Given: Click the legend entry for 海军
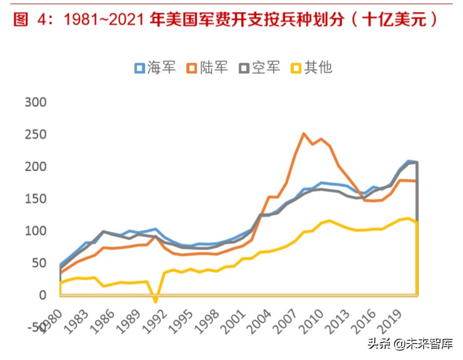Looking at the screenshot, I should pyautogui.click(x=155, y=68).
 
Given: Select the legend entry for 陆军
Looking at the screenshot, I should pyautogui.click(x=207, y=68).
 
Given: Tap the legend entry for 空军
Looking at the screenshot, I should pyautogui.click(x=259, y=68).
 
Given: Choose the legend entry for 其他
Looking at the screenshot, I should pyautogui.click(x=311, y=68).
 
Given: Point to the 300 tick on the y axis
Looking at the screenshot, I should pyautogui.click(x=35, y=102).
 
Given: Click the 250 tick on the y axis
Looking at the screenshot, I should pyautogui.click(x=35, y=134).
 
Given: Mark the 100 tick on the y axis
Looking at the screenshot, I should pyautogui.click(x=35, y=231).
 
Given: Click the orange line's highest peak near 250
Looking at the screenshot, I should pyautogui.click(x=304, y=133).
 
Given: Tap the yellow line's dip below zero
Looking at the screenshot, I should pyautogui.click(x=156, y=302).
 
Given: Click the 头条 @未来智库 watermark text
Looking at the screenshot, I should pyautogui.click(x=409, y=342).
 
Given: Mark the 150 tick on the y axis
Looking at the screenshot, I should pyautogui.click(x=35, y=199).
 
